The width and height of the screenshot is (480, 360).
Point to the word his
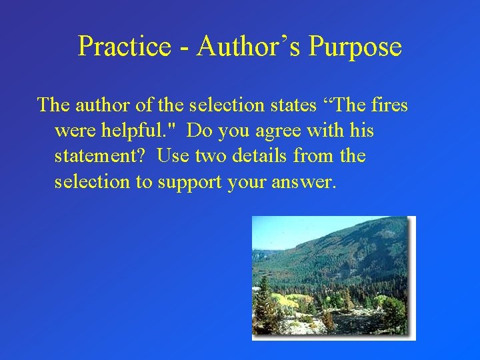pos(361,131)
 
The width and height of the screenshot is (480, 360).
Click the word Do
pos(198,131)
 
